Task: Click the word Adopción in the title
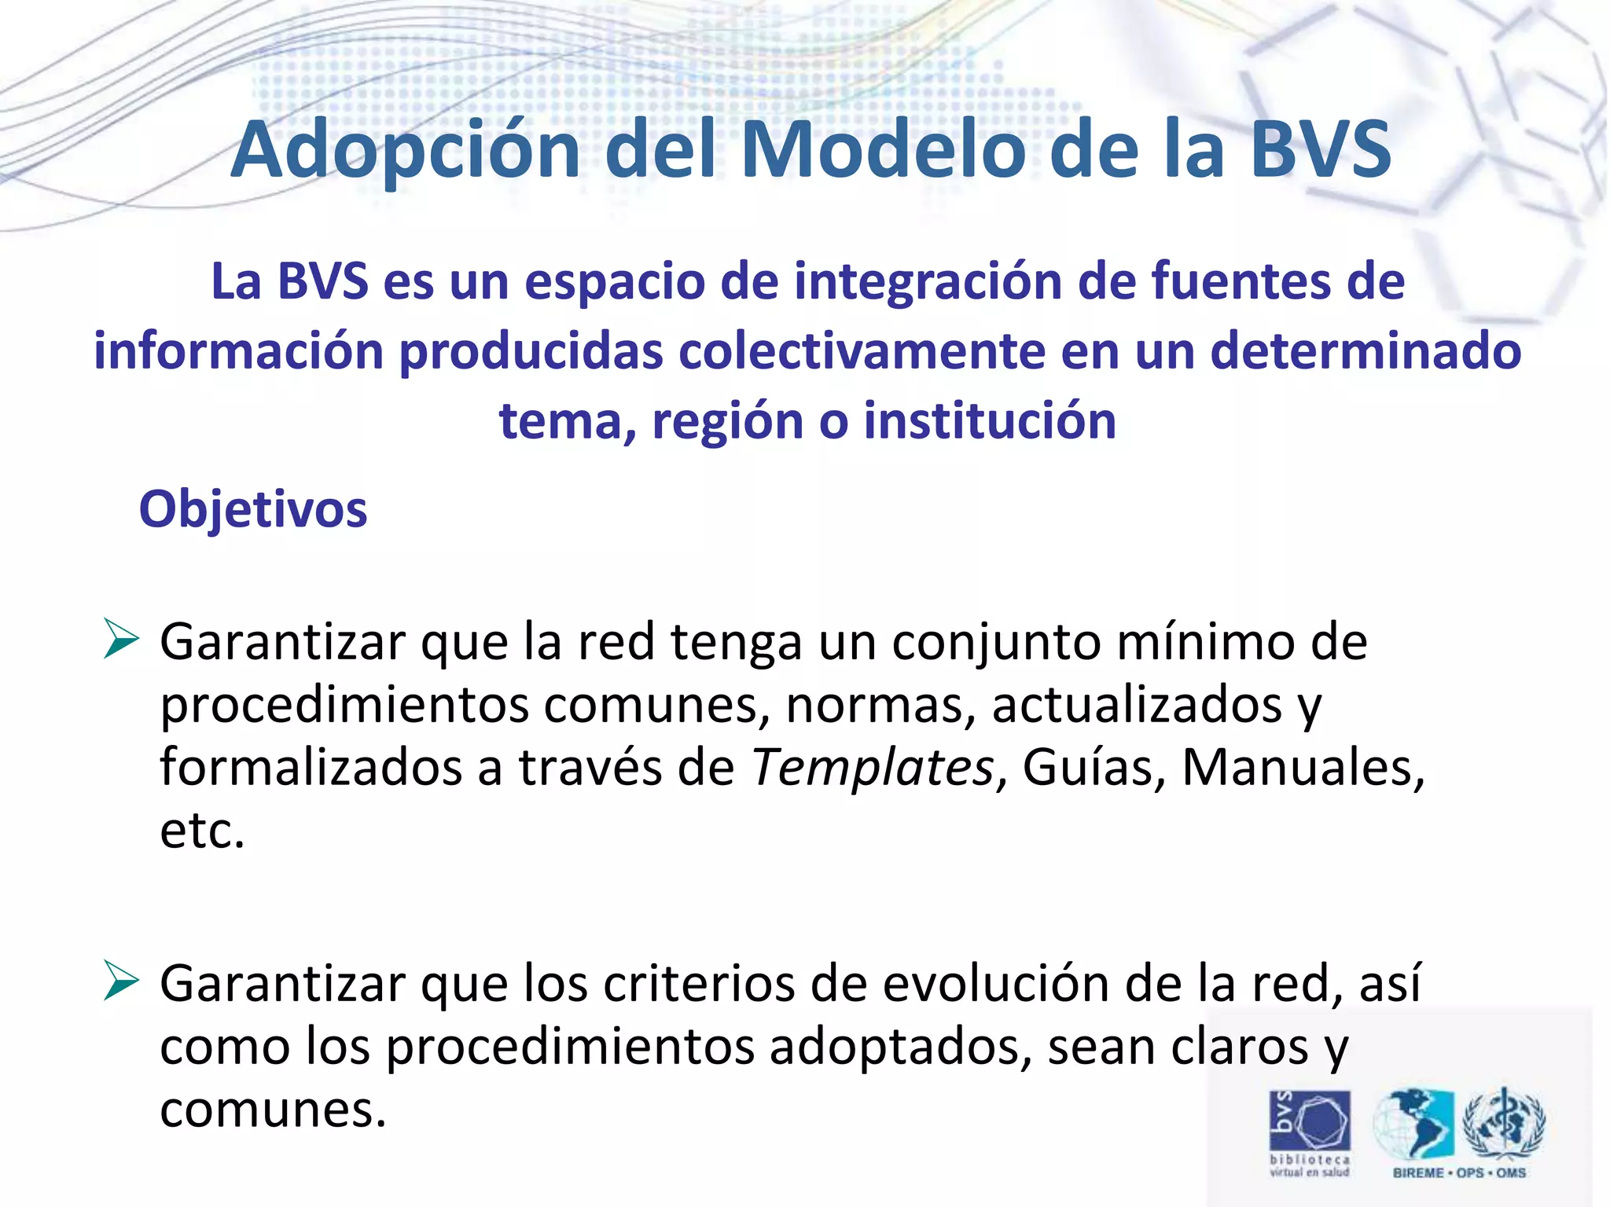(405, 151)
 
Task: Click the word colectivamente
(861, 351)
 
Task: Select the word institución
(990, 421)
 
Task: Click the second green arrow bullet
(120, 981)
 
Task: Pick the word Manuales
(1302, 768)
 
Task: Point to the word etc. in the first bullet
(202, 831)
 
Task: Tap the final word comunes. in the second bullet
(273, 1110)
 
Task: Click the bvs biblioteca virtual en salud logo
(1310, 1132)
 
